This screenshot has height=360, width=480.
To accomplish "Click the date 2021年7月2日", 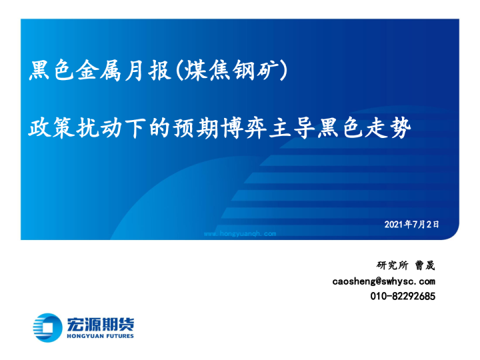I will pos(412,224).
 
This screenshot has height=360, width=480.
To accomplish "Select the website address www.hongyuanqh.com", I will pos(239,234).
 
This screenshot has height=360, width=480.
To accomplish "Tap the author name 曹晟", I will pos(425,265).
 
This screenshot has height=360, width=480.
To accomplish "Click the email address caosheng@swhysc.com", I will pos(384,281).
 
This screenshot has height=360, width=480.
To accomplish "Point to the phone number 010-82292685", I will pos(403,296).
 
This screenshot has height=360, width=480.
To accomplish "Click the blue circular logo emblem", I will pos(46,327).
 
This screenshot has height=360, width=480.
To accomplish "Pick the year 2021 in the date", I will pos(395,224).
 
